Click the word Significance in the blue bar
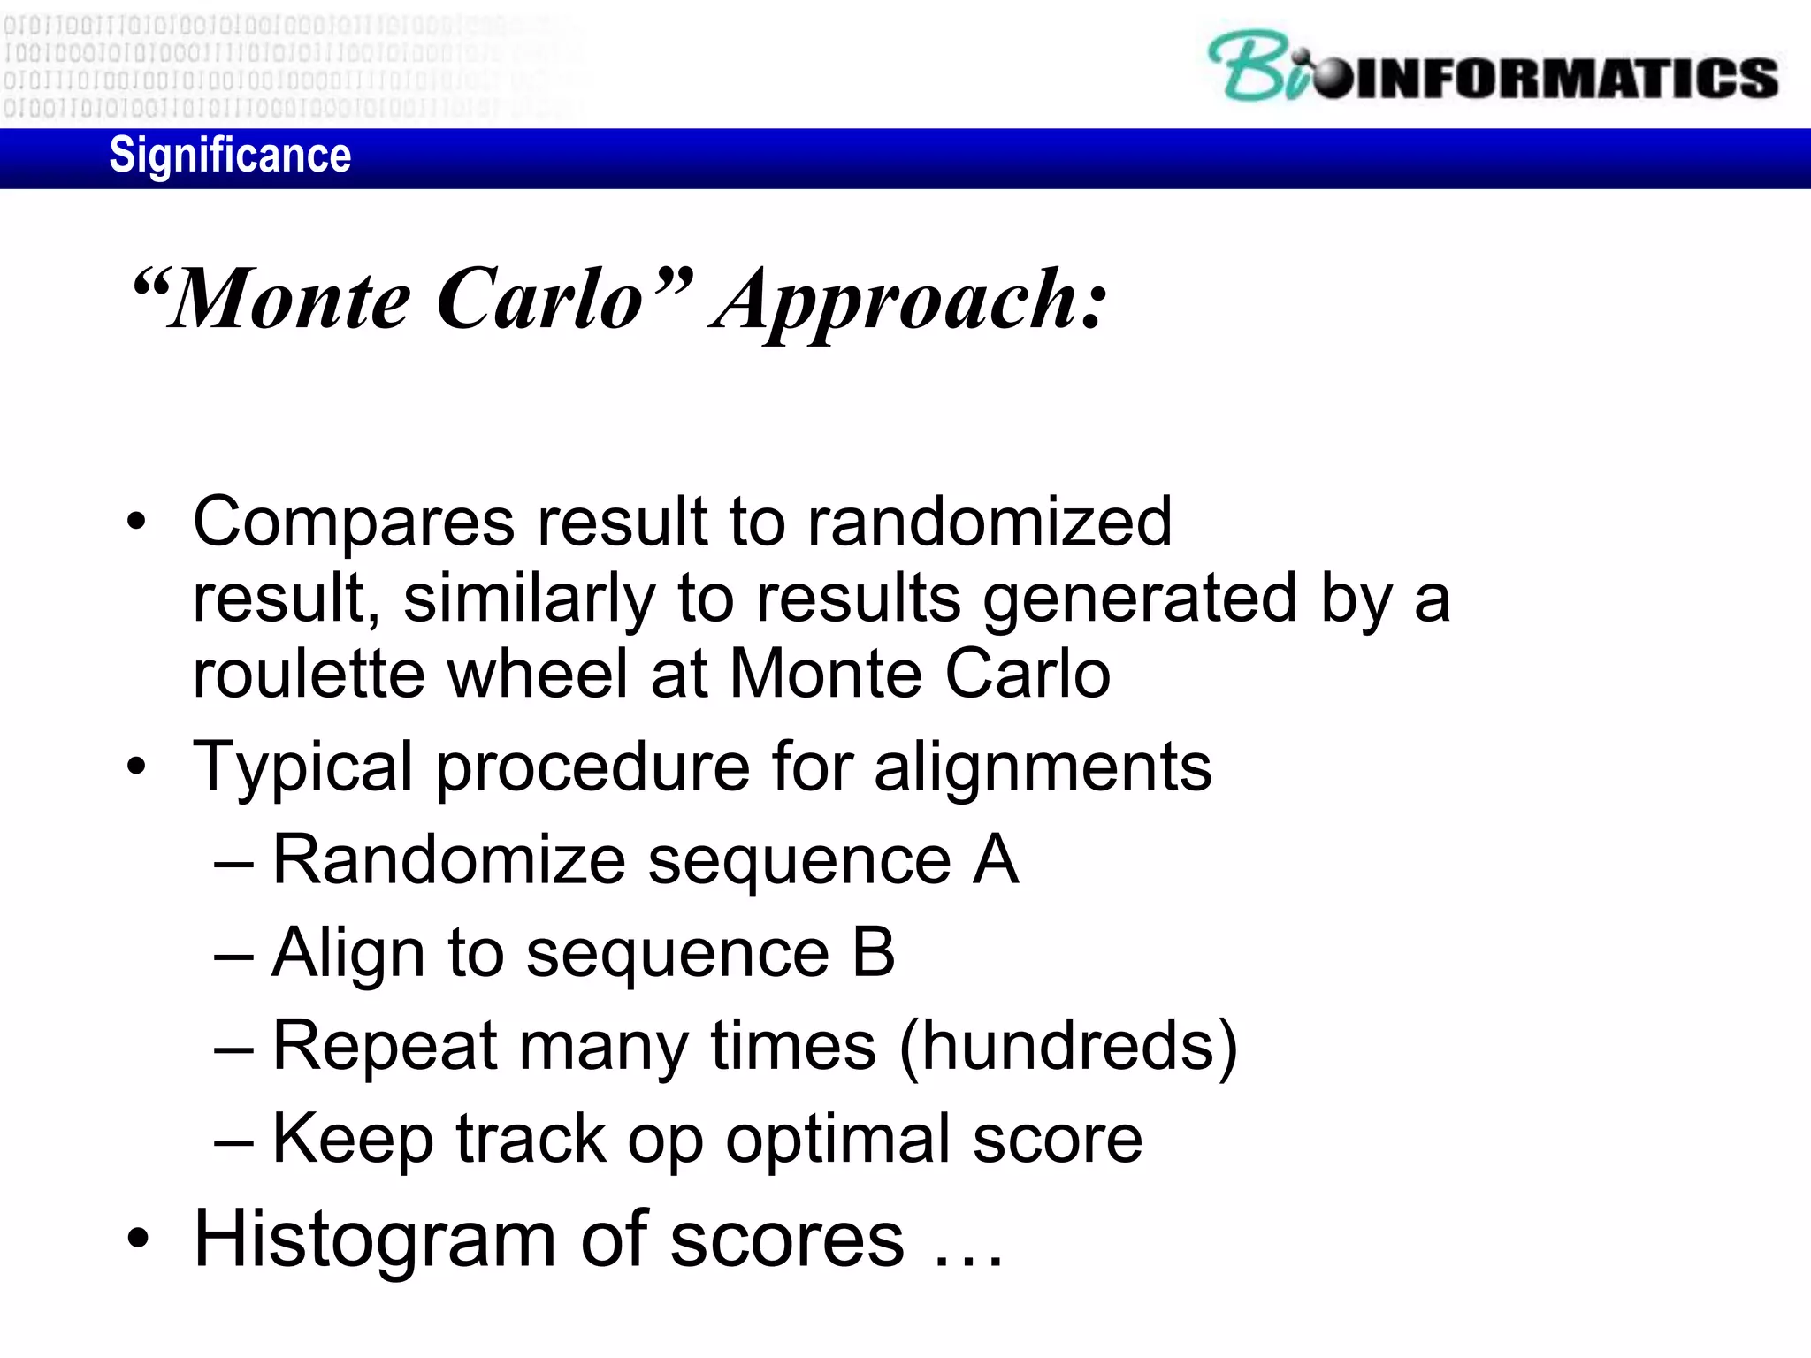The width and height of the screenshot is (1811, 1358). (x=230, y=156)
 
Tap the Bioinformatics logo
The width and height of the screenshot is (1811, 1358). (x=1493, y=69)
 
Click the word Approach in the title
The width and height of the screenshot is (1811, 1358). (x=911, y=302)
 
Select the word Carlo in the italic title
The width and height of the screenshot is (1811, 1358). (x=539, y=301)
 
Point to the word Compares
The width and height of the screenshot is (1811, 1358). (x=353, y=523)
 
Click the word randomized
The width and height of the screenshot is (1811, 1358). (x=990, y=521)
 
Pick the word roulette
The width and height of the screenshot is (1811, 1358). (x=309, y=674)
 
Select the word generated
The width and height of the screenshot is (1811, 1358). (x=1141, y=599)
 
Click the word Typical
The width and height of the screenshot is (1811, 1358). (x=302, y=767)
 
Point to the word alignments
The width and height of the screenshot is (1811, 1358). (x=1043, y=767)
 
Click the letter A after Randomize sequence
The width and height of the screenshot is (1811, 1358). (x=996, y=859)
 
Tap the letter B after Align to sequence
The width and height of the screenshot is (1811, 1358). (x=874, y=953)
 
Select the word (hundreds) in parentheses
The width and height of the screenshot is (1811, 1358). (x=1068, y=1047)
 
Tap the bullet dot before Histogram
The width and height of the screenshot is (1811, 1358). (x=137, y=1240)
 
